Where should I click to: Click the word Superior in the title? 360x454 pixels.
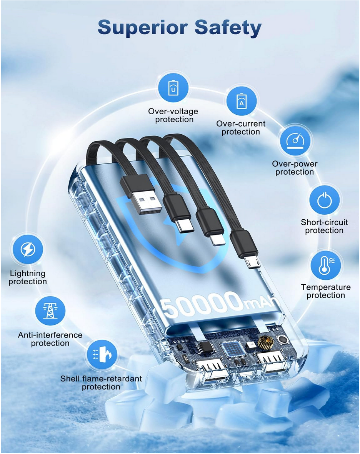143,28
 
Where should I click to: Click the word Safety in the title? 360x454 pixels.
228,28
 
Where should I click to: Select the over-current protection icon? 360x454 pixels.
242,101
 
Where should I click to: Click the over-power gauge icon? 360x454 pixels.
295,141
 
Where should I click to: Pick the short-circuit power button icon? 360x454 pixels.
324,200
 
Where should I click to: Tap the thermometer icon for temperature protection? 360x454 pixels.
326,265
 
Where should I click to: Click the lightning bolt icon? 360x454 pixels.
28,249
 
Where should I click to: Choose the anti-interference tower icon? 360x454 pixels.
50,311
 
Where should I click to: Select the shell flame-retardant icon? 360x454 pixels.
102,355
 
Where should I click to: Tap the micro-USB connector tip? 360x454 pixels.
252,262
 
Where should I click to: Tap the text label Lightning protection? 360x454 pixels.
28,277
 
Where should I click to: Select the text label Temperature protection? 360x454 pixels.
326,291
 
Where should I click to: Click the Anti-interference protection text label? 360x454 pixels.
50,339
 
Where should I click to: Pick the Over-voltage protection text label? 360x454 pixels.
173,115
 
